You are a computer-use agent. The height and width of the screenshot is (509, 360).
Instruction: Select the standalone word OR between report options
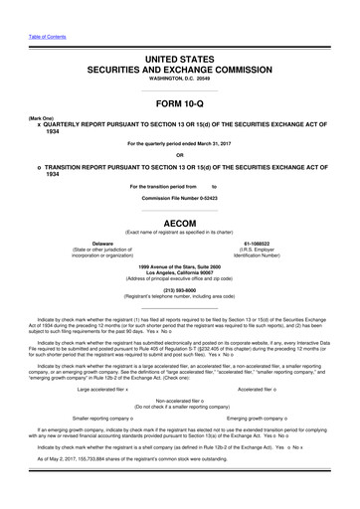click(179, 154)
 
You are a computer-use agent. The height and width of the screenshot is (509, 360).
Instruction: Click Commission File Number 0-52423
click(179, 197)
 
